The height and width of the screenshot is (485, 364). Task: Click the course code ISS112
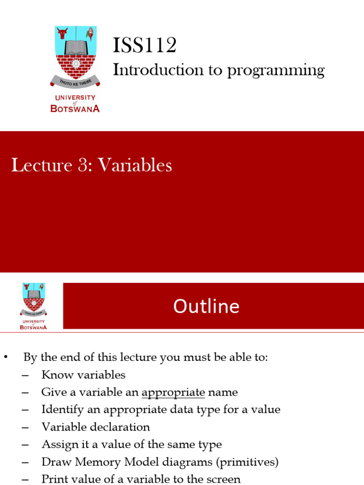(145, 45)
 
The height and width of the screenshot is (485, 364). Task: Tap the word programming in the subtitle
(276, 71)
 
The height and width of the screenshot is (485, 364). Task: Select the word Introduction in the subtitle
(155, 70)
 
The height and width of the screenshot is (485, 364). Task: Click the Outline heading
(206, 306)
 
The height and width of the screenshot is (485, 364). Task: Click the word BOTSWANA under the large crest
(75, 108)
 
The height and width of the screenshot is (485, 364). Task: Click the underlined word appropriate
(173, 392)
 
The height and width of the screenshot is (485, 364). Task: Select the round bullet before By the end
(6, 358)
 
